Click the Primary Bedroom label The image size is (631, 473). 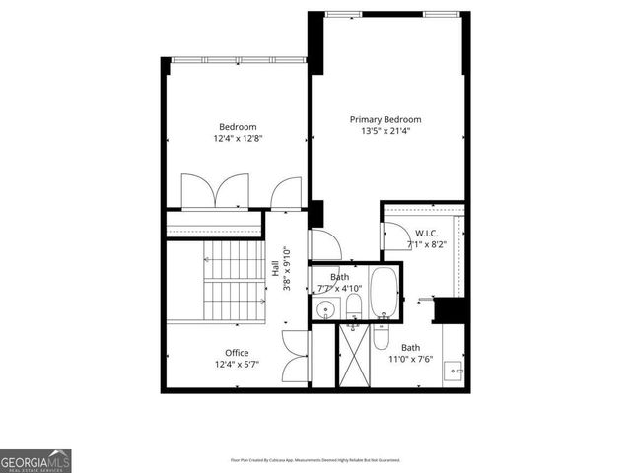[386, 120]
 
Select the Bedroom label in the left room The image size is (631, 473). [238, 127]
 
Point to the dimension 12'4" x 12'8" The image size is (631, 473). [238, 139]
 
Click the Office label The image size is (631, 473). [237, 353]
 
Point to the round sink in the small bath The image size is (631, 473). [326, 311]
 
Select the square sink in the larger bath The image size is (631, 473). [455, 372]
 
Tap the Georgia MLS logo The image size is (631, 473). [35, 461]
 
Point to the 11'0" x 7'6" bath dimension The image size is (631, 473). [410, 360]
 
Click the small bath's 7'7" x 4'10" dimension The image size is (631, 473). [340, 289]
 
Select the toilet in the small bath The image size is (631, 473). [352, 314]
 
